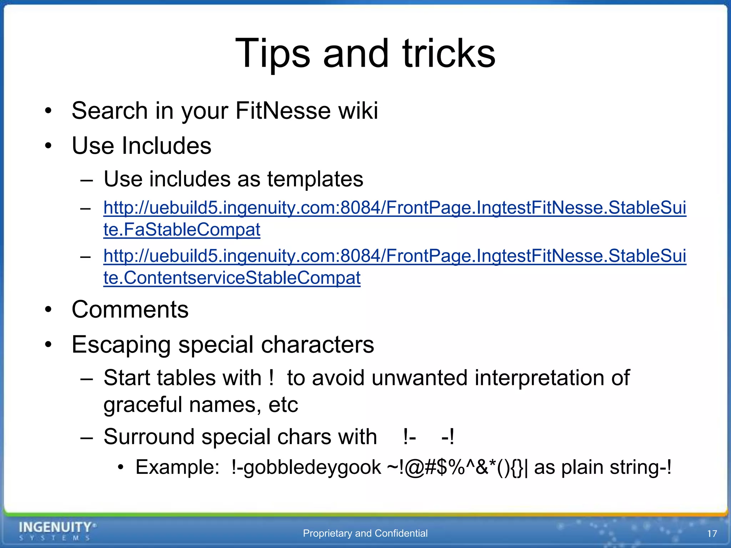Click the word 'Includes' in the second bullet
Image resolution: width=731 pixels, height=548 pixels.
click(x=166, y=146)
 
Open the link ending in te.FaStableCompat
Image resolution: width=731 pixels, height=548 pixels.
click(x=182, y=229)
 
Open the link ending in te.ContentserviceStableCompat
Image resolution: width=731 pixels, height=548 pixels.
click(x=232, y=278)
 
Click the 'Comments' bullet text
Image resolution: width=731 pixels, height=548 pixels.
click(x=130, y=309)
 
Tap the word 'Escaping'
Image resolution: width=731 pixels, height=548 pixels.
click(x=121, y=345)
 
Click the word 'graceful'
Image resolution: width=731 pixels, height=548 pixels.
click(x=143, y=405)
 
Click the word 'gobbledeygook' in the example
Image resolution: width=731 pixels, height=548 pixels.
click(x=312, y=467)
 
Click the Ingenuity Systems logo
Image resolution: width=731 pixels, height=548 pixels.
click(x=57, y=530)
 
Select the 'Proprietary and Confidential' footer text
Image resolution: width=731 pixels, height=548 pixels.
click(x=365, y=533)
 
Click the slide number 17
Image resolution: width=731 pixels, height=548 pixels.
click(x=712, y=534)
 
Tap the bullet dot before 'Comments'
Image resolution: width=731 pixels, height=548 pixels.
click(x=48, y=310)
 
